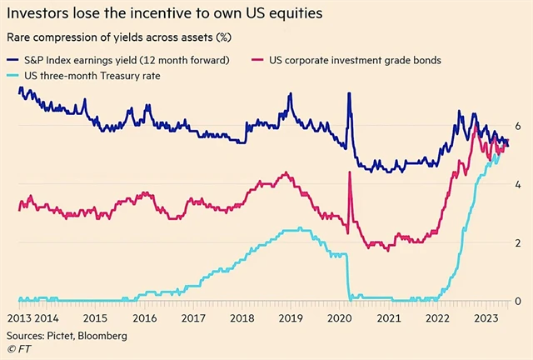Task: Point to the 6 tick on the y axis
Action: pos(518,125)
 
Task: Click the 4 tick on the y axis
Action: pos(518,183)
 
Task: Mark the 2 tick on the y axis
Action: pos(518,242)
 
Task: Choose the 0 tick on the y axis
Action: pos(518,300)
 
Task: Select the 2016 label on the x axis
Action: pos(144,318)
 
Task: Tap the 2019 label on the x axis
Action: pos(289,318)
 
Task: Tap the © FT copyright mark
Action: pos(18,349)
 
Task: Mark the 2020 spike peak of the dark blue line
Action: pos(349,92)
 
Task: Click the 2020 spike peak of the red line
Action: pos(350,172)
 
